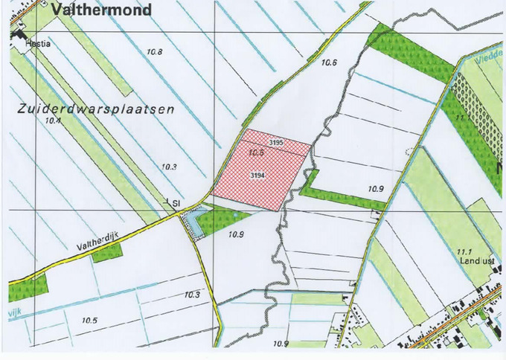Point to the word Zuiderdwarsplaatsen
point(95,109)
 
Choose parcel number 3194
point(258,175)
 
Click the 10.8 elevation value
point(156,51)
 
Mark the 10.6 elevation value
point(330,63)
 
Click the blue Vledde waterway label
point(487,54)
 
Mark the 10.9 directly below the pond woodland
point(237,234)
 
